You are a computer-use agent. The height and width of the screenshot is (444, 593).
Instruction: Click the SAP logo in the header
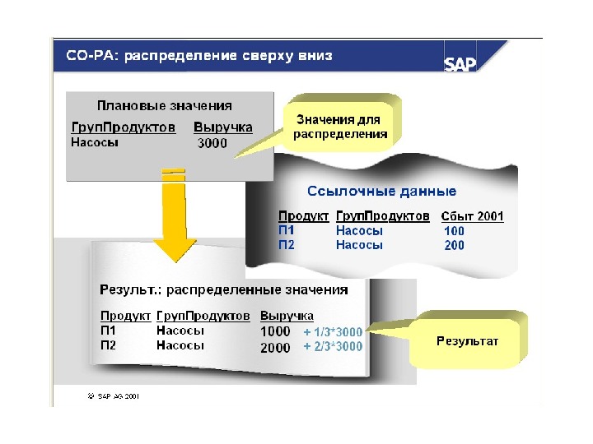pos(461,63)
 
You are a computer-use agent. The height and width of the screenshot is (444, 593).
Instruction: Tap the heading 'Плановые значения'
pos(165,105)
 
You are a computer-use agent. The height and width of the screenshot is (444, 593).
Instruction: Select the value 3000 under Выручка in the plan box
pos(212,144)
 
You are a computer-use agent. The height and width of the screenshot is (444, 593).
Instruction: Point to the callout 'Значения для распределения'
pos(341,127)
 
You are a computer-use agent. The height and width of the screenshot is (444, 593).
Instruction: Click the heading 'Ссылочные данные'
pos(381,192)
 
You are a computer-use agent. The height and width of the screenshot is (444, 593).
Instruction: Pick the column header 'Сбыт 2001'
pos(473,216)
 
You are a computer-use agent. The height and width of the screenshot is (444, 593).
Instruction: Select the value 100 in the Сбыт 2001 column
pos(455,231)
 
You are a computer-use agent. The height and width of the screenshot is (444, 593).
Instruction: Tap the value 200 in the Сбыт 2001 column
pos(455,245)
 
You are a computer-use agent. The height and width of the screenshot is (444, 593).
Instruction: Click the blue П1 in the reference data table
pos(286,231)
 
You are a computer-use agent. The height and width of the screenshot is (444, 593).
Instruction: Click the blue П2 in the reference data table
pos(286,245)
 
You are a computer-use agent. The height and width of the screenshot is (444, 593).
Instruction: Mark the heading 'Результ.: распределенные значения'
pos(224,289)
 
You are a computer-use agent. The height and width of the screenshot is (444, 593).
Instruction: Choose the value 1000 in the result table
pos(275,331)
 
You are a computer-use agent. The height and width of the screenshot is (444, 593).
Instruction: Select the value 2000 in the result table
pos(275,347)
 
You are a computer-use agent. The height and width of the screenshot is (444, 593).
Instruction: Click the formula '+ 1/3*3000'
pos(333,331)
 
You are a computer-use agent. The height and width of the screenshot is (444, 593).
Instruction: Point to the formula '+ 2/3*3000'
pos(333,347)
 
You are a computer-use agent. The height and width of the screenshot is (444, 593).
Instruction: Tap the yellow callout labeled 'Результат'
pos(467,340)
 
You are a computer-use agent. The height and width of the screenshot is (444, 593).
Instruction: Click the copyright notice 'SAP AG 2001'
pos(114,395)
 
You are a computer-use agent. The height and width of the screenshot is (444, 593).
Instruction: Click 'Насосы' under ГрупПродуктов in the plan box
pos(95,142)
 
